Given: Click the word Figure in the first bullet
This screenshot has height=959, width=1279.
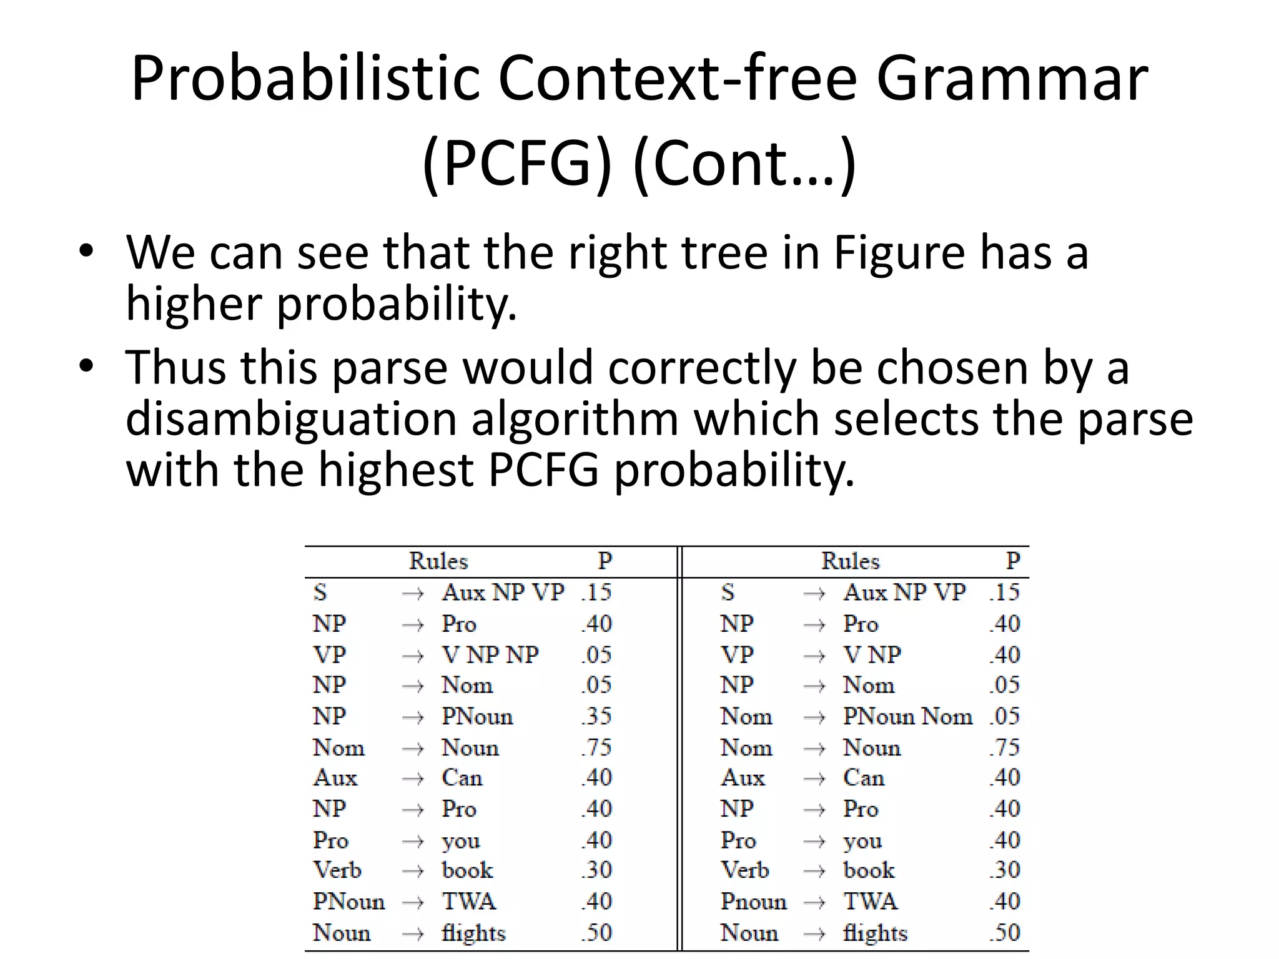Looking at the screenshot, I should pyautogui.click(x=900, y=252).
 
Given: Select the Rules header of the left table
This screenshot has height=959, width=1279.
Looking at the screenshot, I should pyautogui.click(x=438, y=561).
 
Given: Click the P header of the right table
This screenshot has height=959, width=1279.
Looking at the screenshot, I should pyautogui.click(x=1012, y=561).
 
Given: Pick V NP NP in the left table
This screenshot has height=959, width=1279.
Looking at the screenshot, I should pyautogui.click(x=490, y=654).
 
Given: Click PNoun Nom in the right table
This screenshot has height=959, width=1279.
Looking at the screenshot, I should pyautogui.click(x=907, y=716).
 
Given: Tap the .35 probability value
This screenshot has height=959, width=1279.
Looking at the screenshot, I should pyautogui.click(x=596, y=716).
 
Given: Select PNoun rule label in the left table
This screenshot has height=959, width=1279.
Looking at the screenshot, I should pyautogui.click(x=348, y=902).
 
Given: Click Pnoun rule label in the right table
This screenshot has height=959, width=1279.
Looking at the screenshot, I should pyautogui.click(x=754, y=902).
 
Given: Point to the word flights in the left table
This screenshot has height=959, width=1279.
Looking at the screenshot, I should pyautogui.click(x=473, y=933).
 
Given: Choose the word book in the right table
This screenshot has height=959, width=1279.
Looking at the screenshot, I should pyautogui.click(x=869, y=870).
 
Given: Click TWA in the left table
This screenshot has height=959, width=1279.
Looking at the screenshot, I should pyautogui.click(x=468, y=902).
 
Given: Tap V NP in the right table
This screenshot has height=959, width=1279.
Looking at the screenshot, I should pyautogui.click(x=872, y=654).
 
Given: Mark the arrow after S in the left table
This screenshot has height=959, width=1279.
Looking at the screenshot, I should pyautogui.click(x=413, y=593).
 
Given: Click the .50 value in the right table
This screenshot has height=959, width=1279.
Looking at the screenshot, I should pyautogui.click(x=1004, y=933).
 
